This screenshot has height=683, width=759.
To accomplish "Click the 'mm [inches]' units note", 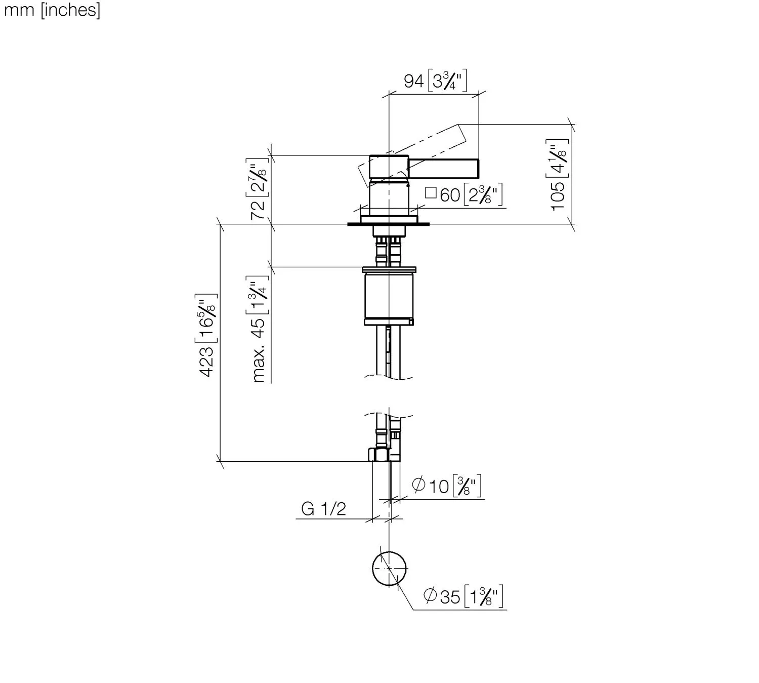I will (52, 10).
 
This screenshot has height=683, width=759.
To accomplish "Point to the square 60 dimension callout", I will (463, 194).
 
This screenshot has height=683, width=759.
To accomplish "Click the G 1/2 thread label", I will (323, 508).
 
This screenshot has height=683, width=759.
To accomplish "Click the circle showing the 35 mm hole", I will (389, 567).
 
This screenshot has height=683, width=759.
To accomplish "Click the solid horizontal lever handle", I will (443, 168).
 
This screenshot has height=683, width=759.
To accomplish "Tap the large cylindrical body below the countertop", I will (389, 296).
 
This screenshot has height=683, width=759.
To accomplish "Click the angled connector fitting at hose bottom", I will (377, 454).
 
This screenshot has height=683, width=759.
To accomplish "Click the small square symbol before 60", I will (431, 192).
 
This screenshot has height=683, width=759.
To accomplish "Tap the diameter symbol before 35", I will (431, 596).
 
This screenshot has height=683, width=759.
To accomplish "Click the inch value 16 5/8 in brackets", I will (207, 313).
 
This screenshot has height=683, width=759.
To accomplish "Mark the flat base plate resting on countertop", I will (389, 219).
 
